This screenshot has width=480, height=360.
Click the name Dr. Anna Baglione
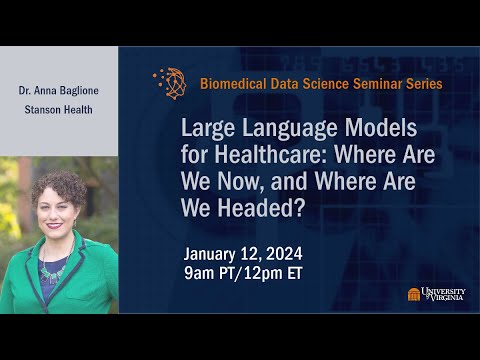tap(58, 89)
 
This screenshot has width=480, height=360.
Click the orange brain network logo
tap(170, 83)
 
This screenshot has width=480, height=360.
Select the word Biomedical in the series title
tap(237, 84)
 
